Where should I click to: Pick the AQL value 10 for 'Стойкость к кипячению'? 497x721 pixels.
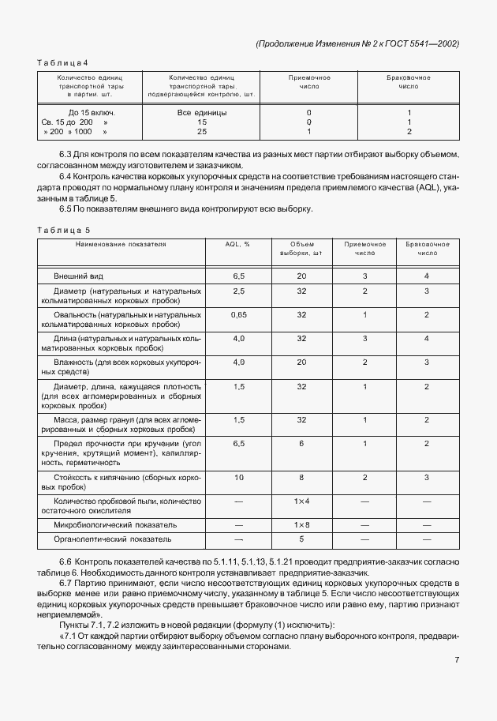[237, 478]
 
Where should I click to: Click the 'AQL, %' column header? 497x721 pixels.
[237, 245]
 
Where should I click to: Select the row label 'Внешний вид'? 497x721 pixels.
[78, 277]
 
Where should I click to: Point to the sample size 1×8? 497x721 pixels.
[301, 524]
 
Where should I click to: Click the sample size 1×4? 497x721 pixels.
[301, 501]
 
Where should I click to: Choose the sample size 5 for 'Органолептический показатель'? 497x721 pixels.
[301, 539]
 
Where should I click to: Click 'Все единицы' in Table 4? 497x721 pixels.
[202, 112]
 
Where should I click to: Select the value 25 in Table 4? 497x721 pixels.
[202, 133]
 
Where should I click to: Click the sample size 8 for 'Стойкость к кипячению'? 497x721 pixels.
[301, 478]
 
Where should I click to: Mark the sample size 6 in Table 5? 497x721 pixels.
[301, 444]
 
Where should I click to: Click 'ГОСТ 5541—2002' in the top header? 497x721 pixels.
[425, 43]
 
